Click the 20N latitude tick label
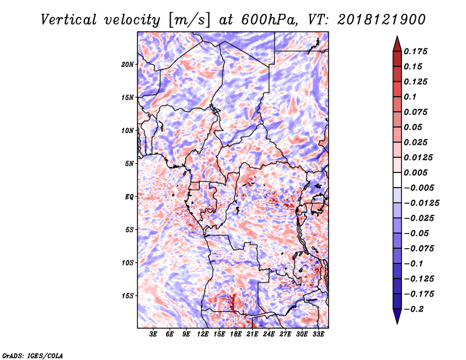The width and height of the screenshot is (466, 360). click(x=128, y=64)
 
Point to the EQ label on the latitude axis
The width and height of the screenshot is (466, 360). click(x=129, y=197)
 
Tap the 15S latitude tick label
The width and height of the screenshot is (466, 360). click(x=128, y=296)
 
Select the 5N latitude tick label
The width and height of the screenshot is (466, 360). click(x=129, y=164)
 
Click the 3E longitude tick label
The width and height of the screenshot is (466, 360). click(x=154, y=334)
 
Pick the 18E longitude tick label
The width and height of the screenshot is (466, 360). click(x=236, y=334)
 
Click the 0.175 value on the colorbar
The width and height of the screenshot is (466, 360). click(x=416, y=51)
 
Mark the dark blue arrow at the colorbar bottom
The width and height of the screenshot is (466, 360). click(x=397, y=317)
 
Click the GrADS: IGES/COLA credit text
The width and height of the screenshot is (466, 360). click(x=32, y=355)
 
